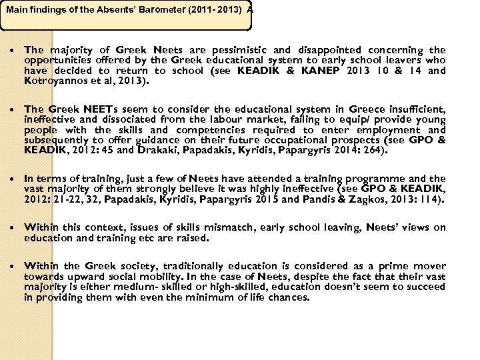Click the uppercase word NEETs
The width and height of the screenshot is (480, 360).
pyautogui.click(x=103, y=109)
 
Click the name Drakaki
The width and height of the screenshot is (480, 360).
pyautogui.click(x=157, y=150)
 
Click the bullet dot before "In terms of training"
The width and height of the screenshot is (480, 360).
pyautogui.click(x=14, y=179)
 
